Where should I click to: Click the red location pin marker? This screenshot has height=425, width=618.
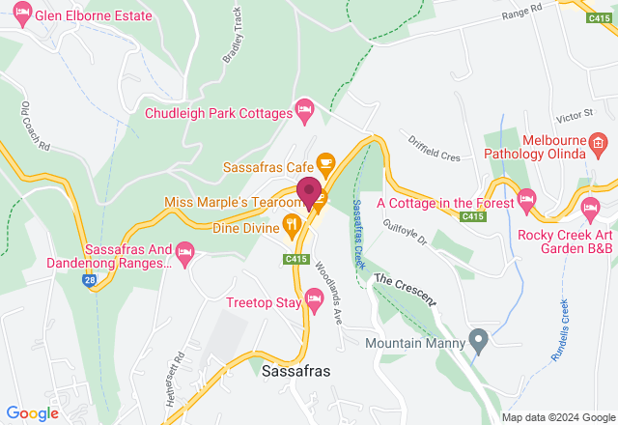pyautogui.click(x=309, y=191)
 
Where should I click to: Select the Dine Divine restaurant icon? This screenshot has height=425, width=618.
pyautogui.click(x=292, y=228)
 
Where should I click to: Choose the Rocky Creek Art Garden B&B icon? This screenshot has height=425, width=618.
pyautogui.click(x=590, y=207)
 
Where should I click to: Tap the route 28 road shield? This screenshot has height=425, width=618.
pyautogui.click(x=90, y=279)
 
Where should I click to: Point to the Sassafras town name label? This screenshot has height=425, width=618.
pyautogui.click(x=296, y=371)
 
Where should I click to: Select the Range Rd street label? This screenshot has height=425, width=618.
pyautogui.click(x=522, y=13)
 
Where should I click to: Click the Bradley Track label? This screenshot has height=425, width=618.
pyautogui.click(x=233, y=38)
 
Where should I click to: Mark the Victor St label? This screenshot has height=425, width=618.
pyautogui.click(x=575, y=115)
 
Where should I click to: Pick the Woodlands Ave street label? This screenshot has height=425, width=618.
pyautogui.click(x=328, y=291)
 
